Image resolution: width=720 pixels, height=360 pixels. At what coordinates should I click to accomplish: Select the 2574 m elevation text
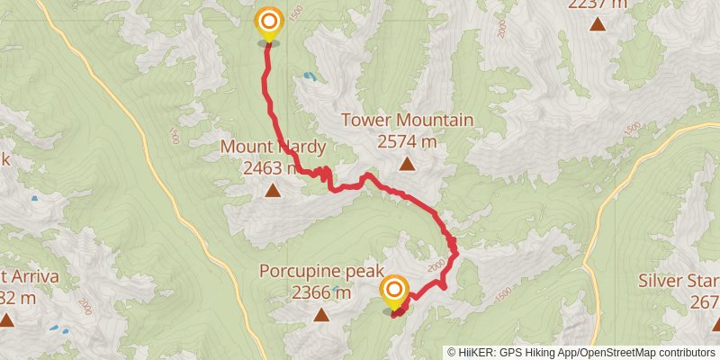point(407,141)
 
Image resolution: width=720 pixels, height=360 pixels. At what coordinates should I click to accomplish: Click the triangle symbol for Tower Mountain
point(407,164)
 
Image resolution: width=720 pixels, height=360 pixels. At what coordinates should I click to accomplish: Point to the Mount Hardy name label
point(272,148)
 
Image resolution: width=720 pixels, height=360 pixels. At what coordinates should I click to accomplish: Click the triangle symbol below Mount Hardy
point(272,190)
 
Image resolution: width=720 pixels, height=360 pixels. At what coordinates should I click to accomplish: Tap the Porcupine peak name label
point(321,271)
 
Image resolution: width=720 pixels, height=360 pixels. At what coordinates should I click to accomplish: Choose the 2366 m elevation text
point(321,292)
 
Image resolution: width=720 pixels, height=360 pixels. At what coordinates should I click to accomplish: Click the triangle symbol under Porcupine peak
point(321,314)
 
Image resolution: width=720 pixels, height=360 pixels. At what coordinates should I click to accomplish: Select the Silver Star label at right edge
point(679,280)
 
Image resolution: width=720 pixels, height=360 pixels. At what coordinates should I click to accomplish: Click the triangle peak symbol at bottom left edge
point(6,319)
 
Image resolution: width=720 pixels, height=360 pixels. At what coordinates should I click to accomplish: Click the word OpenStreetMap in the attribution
point(619,352)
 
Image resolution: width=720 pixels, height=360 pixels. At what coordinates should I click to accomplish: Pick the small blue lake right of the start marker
point(309,77)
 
